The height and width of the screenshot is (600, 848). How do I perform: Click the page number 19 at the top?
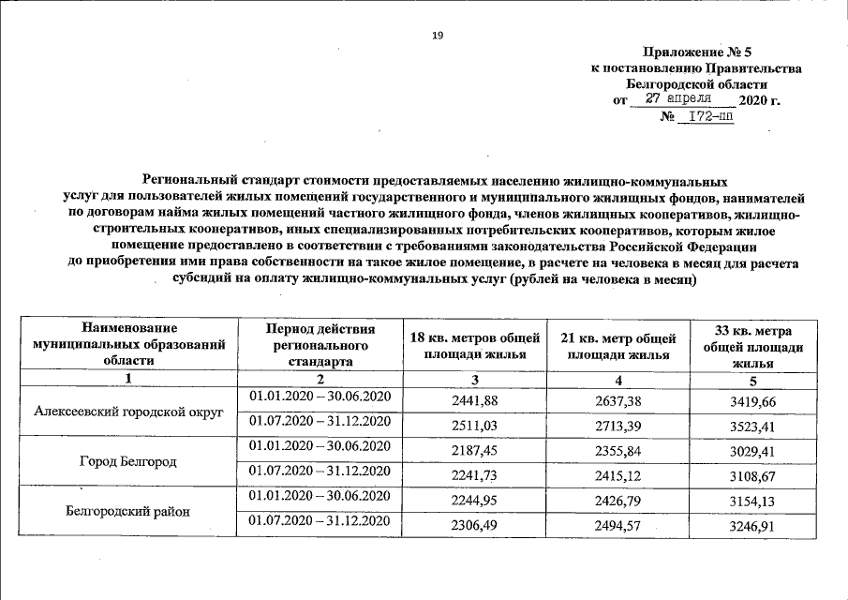tap(437, 35)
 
